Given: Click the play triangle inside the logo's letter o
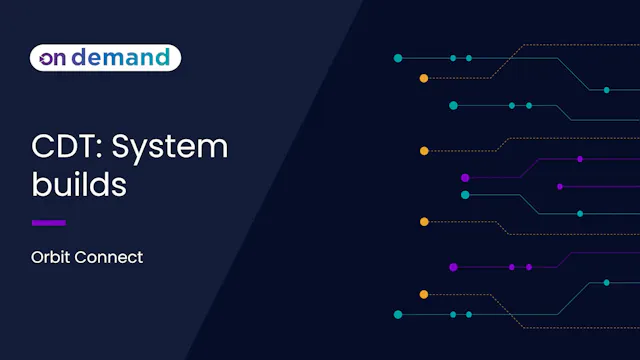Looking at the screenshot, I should (x=46, y=59).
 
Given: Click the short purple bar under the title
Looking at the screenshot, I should (x=49, y=222).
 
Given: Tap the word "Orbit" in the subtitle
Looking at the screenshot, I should (x=51, y=257).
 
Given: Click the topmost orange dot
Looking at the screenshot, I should (x=424, y=77).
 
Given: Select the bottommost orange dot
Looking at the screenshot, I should (x=424, y=294).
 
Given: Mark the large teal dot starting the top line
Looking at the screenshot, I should (x=398, y=58).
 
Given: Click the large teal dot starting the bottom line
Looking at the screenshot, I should (x=398, y=314).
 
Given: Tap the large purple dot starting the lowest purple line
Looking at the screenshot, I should (x=453, y=267).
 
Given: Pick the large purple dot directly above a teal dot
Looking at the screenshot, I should (x=465, y=177).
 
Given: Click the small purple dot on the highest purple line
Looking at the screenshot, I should (x=580, y=159).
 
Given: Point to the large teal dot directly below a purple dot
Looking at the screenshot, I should (x=465, y=195).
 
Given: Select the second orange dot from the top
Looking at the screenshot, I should (x=424, y=151).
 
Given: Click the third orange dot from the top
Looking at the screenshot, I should (x=424, y=221).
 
